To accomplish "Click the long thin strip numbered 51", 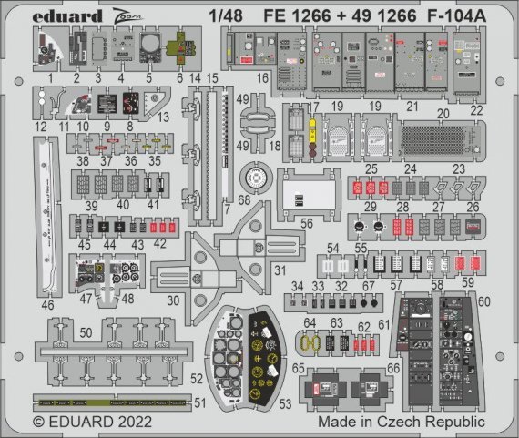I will tap(114, 399).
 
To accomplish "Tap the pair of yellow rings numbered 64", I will tap(308, 344).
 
